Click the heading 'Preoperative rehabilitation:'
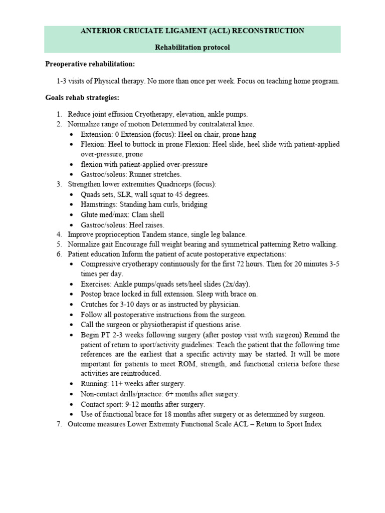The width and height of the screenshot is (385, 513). click(x=90, y=64)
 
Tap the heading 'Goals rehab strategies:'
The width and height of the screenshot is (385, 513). click(x=82, y=97)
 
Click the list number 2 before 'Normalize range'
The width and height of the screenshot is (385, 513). click(x=58, y=124)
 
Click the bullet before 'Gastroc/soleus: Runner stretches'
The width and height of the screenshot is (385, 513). click(x=73, y=174)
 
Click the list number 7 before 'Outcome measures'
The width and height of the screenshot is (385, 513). click(x=58, y=424)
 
